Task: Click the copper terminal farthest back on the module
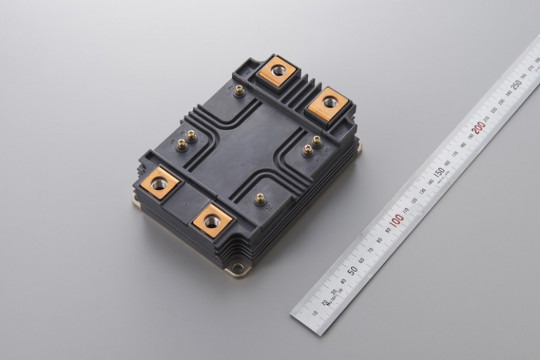click(277, 72)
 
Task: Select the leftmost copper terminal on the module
click(160, 183)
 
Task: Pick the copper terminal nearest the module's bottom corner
click(212, 221)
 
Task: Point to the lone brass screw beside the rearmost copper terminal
click(239, 90)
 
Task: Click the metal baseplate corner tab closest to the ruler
click(358, 146)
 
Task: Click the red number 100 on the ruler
click(397, 220)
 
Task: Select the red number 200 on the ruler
click(480, 124)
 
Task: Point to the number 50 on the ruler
click(352, 271)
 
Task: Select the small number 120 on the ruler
click(414, 200)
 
